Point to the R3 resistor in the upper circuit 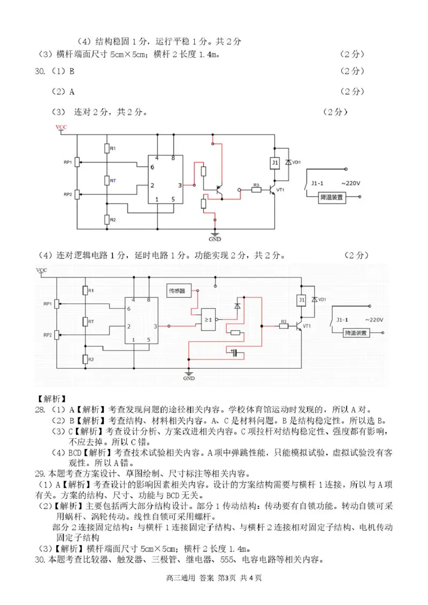pyautogui.click(x=256, y=190)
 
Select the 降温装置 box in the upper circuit pyautogui.click(x=332, y=197)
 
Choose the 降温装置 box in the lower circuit pyautogui.click(x=358, y=333)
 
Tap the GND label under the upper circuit pyautogui.click(x=215, y=239)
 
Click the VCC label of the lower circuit pyautogui.click(x=41, y=270)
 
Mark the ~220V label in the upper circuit pyautogui.click(x=350, y=183)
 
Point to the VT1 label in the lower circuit pyautogui.click(x=307, y=325)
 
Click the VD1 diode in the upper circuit pyautogui.click(x=288, y=162)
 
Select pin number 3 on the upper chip pyautogui.click(x=180, y=185)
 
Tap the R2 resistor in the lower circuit pyautogui.click(x=85, y=359)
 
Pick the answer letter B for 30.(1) pyautogui.click(x=72, y=71)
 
